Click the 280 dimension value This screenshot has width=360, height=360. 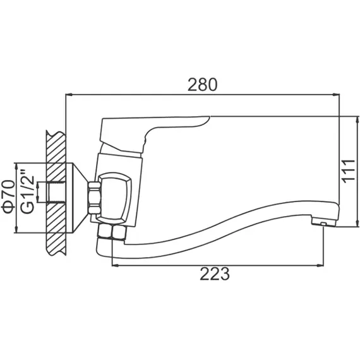click(202, 85)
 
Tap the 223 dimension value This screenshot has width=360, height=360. click(215, 273)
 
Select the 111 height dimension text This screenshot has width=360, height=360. click(349, 171)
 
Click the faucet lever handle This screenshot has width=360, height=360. click(147, 133)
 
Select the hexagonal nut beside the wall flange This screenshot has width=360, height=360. click(94, 198)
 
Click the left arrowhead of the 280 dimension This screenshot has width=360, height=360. click(69, 94)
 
